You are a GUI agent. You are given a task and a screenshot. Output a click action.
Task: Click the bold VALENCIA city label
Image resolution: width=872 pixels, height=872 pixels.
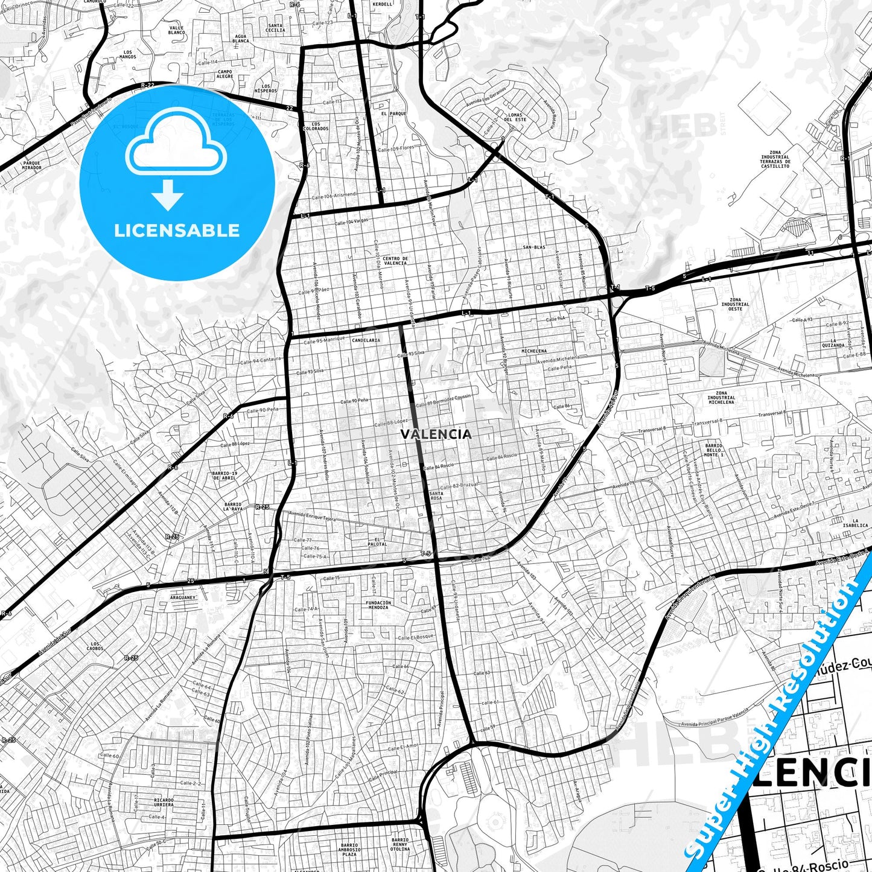coord(436,434)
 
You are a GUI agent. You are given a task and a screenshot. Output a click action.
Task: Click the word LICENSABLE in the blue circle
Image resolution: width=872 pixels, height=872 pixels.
coord(177,230)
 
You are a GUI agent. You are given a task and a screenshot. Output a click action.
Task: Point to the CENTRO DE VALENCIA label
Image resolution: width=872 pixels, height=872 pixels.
coord(395,261)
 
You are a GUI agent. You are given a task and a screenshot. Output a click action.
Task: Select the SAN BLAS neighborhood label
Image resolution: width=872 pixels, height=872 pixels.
coord(534,247)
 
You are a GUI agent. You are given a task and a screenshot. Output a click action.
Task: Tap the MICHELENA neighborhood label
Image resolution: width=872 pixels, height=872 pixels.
coord(534,351)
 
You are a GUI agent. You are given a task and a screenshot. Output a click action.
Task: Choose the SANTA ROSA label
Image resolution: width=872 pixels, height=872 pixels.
coord(436,496)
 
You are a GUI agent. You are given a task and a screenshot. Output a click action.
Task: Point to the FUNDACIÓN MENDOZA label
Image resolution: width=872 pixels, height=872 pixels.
coord(378,605)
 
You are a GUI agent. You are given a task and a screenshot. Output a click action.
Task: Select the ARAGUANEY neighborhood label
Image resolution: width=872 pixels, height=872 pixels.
coord(183,597)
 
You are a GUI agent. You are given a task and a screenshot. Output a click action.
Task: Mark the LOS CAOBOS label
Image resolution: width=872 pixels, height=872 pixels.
coord(95,646)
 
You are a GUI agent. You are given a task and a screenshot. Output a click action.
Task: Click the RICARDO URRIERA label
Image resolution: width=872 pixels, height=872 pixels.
coord(163,803)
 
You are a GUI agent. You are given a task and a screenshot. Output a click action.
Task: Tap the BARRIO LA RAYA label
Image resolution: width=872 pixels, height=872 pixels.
coord(232,506)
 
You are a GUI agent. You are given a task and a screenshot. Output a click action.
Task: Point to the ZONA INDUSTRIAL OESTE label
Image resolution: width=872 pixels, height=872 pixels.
coord(736,304)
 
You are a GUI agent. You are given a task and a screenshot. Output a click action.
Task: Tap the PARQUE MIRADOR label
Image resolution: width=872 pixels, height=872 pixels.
coord(32,165)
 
